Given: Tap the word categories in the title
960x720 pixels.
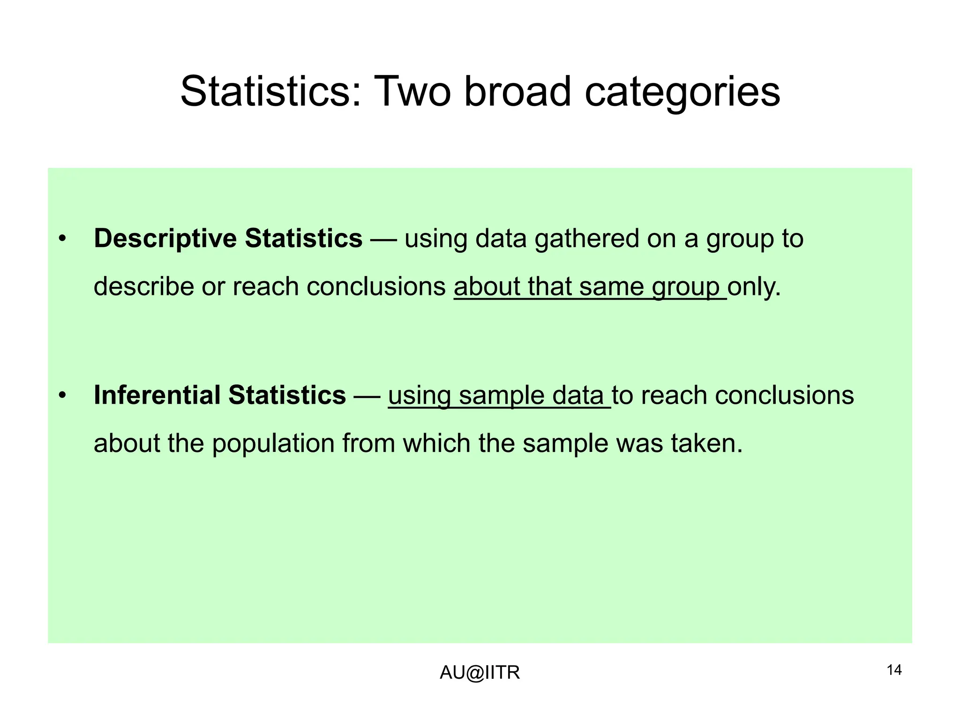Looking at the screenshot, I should pyautogui.click(x=682, y=92).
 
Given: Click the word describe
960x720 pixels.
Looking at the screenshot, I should pyautogui.click(x=143, y=286).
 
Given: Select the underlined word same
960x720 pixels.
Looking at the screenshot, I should pyautogui.click(x=611, y=286).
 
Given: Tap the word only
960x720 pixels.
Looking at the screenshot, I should pyautogui.click(x=754, y=286).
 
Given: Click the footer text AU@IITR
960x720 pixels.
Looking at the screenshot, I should pyautogui.click(x=480, y=673).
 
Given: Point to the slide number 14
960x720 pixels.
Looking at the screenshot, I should pyautogui.click(x=894, y=670).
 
